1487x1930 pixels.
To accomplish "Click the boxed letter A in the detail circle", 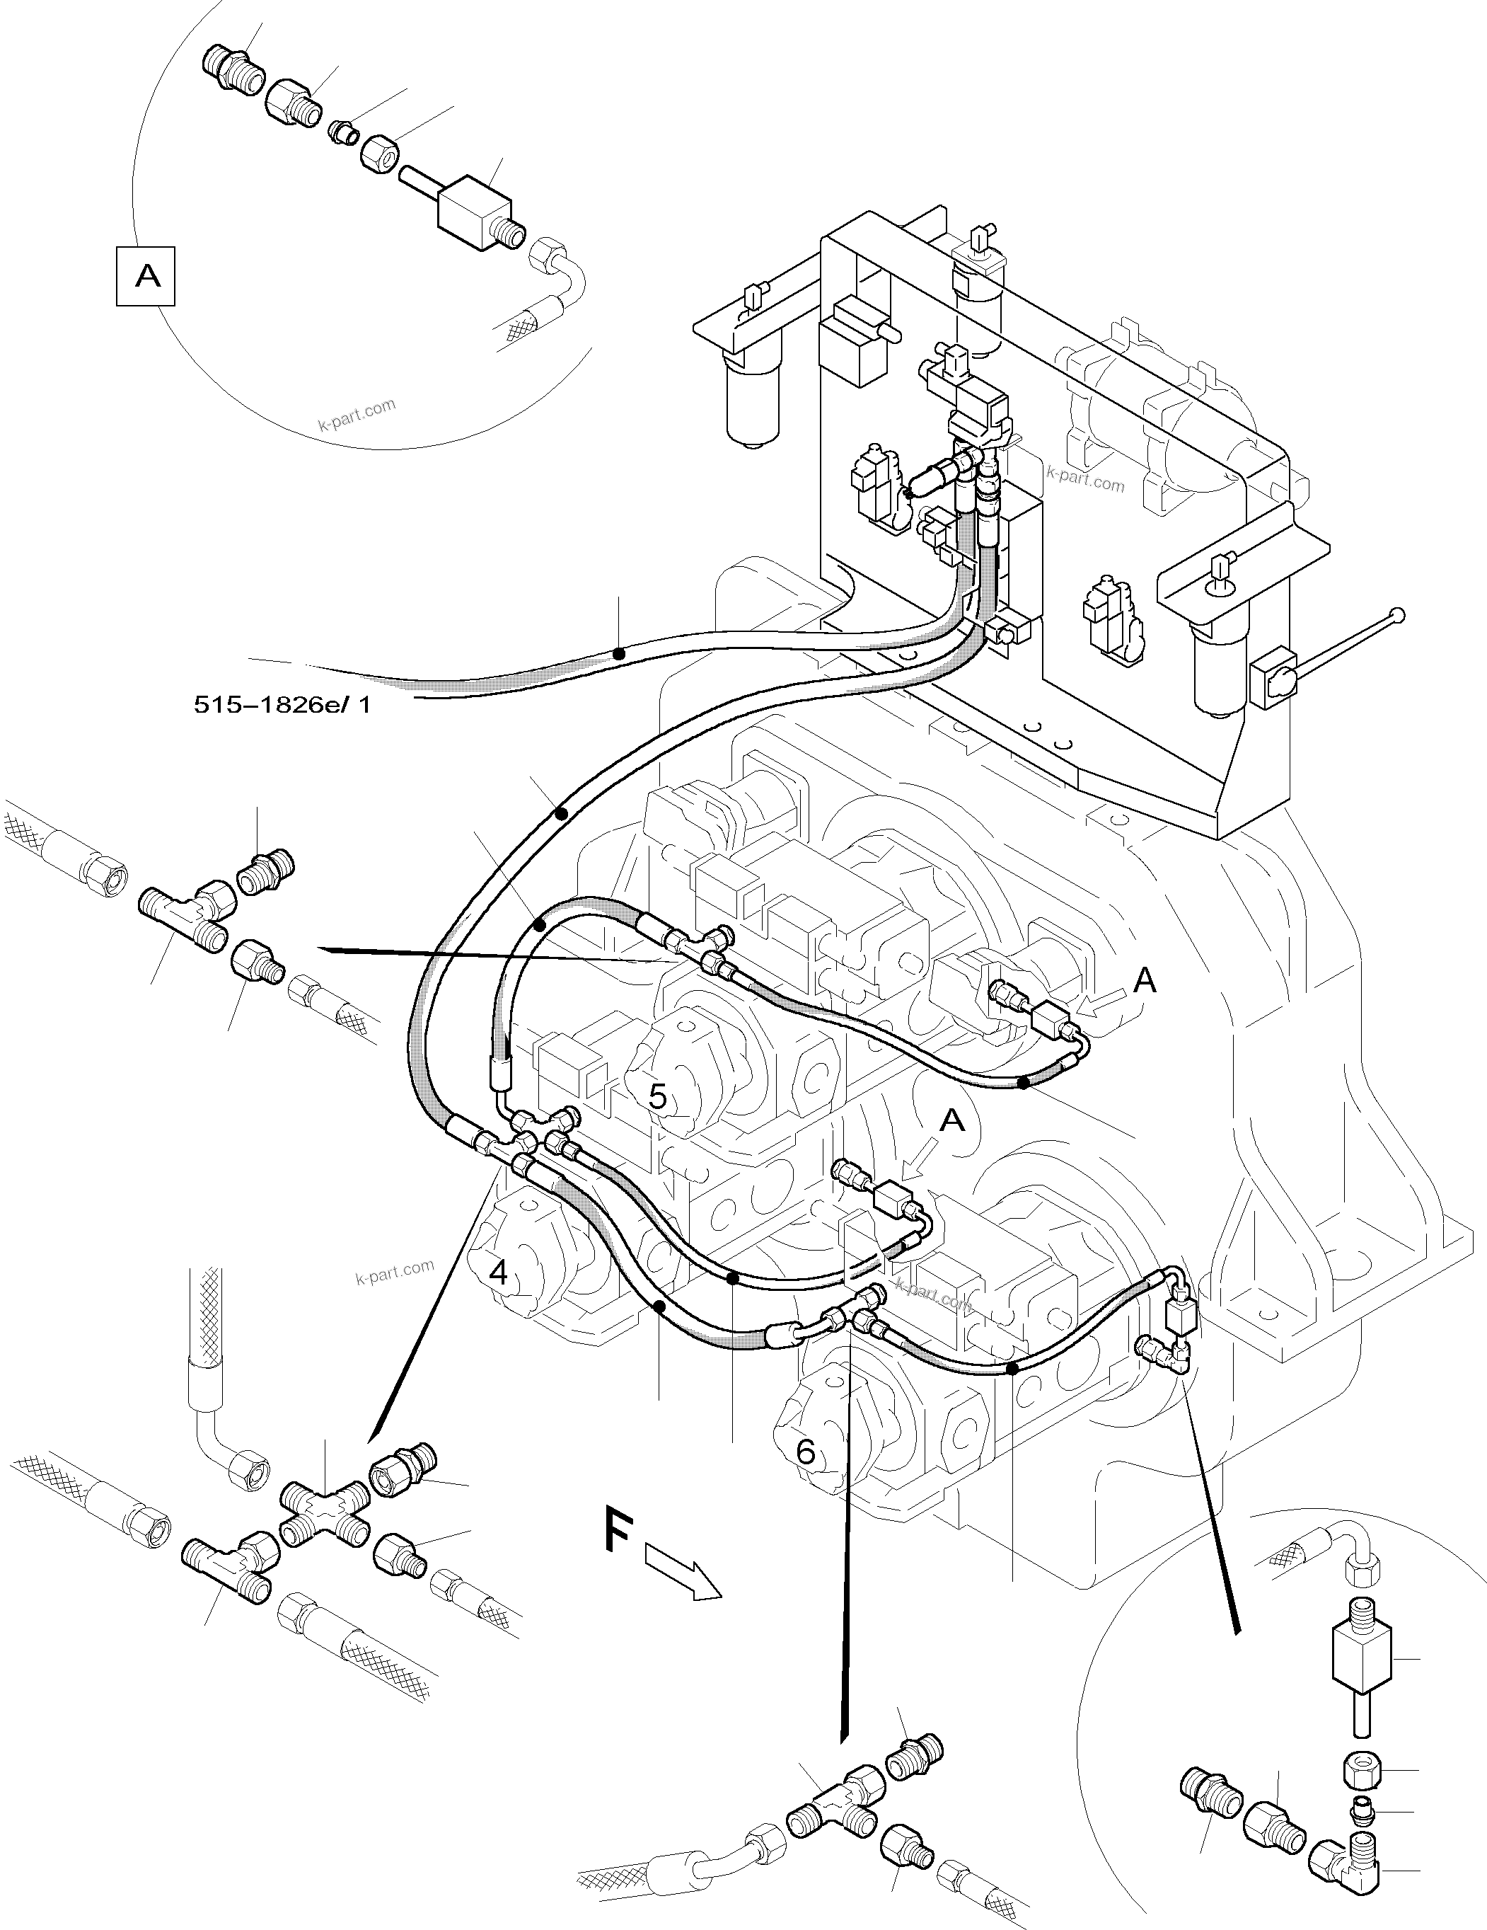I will point(146,277).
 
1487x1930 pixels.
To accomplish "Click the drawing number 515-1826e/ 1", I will point(282,705).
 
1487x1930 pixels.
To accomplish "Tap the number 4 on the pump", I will point(498,1273).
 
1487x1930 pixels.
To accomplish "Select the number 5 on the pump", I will point(657,1097).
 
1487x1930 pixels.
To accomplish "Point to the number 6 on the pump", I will point(805,1451).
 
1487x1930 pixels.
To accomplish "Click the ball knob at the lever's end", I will point(1397,615).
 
